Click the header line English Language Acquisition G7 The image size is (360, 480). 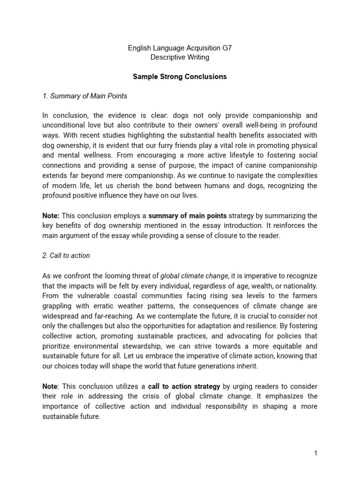(180, 48)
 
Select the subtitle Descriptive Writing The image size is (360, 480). (180, 57)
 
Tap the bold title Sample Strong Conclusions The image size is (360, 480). (180, 76)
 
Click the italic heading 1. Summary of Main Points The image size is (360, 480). (84, 96)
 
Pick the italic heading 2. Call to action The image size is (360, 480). (66, 255)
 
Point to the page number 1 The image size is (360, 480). (316, 453)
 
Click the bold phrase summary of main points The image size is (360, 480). (187, 216)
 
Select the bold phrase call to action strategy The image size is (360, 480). (184, 386)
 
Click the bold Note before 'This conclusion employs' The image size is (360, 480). (51, 216)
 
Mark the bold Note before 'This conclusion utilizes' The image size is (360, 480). (50, 386)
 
